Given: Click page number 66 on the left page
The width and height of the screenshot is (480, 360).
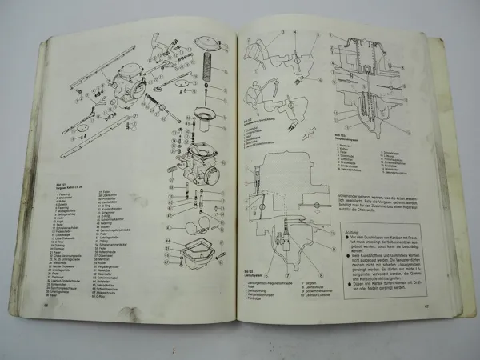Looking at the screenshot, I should coord(46,327).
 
